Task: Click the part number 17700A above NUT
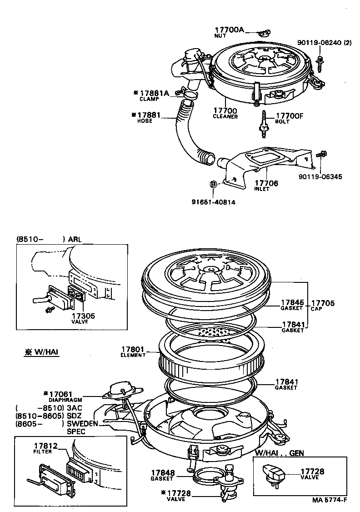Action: point(230,30)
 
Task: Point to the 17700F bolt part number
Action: point(289,116)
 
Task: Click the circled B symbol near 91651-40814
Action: point(213,184)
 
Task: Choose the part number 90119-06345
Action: point(320,176)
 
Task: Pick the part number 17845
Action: point(292,302)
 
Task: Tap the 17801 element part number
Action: point(133,349)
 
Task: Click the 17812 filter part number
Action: point(45,446)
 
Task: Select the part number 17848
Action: point(163,473)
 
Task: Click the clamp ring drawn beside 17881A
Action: point(190,95)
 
